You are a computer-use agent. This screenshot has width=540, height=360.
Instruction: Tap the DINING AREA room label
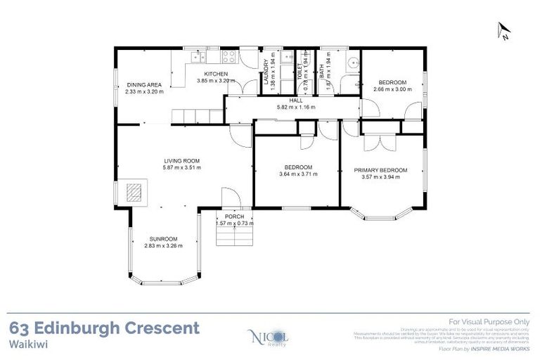click(144, 84)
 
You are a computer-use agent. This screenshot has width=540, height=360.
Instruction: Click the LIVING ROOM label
click(181, 160)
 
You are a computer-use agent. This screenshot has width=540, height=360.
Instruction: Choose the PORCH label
click(235, 217)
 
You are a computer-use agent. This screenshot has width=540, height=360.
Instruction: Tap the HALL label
click(295, 101)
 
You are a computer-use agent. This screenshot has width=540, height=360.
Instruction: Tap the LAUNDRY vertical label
click(266, 72)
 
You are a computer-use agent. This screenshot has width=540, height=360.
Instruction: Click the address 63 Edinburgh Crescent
click(105, 328)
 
